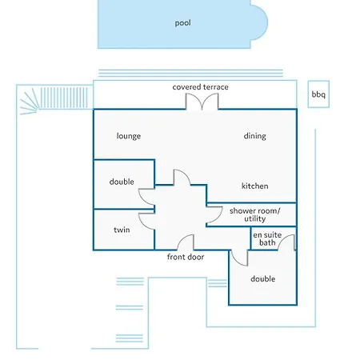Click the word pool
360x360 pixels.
[x=182, y=23]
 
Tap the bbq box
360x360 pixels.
[x=318, y=94]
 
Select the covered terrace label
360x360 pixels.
[x=200, y=87]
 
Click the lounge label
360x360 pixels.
[x=129, y=136]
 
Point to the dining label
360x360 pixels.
[x=254, y=136]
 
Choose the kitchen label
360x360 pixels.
[x=254, y=186]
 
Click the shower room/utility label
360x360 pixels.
[x=255, y=214]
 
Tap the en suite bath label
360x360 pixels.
[x=267, y=238]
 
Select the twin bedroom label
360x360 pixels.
[x=122, y=230]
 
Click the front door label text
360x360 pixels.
[x=186, y=257]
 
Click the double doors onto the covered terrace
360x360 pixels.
[x=202, y=102]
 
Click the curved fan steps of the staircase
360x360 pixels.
[x=30, y=102]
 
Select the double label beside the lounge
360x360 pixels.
[x=122, y=182]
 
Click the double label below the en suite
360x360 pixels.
[x=263, y=278]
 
